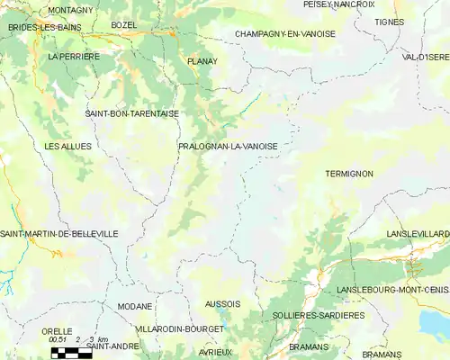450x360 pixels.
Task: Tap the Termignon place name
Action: click(348, 174)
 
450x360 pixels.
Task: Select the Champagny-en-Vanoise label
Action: click(284, 33)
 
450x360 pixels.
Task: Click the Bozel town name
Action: click(123, 24)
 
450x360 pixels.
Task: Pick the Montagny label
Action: click(70, 10)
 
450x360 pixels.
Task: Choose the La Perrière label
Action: click(74, 56)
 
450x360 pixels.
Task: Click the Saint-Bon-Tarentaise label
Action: click(131, 114)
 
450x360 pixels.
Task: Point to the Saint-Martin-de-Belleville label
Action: click(59, 234)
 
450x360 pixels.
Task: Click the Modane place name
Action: click(135, 306)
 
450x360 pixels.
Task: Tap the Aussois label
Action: click(222, 304)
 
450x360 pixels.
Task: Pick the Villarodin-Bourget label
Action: click(180, 329)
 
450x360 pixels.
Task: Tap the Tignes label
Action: click(390, 22)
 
